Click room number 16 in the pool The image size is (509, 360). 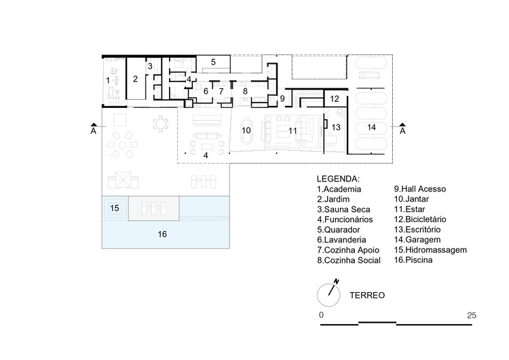click(x=162, y=234)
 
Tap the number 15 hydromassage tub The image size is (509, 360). click(x=115, y=208)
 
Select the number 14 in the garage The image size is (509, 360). click(x=371, y=127)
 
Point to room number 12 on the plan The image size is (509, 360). click(x=335, y=98)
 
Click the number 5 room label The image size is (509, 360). click(x=213, y=62)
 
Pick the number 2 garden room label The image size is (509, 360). click(x=135, y=79)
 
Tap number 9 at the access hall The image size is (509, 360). click(x=282, y=98)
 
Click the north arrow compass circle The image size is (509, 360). click(x=328, y=295)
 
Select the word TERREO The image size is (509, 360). click(x=367, y=295)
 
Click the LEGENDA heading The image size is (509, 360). click(x=338, y=179)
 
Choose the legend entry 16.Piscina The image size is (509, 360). click(x=413, y=260)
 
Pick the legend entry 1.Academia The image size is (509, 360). click(x=339, y=189)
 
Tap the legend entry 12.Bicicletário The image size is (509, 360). click(x=420, y=219)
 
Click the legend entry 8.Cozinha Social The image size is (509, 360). click(x=349, y=260)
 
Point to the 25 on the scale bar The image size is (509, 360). click(x=472, y=315)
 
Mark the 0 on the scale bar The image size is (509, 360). click(x=322, y=315)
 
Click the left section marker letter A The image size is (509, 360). click(x=94, y=130)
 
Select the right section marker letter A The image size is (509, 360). click(x=402, y=130)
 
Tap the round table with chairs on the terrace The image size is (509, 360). click(x=160, y=124)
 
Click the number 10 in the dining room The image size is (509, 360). click(x=246, y=130)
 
